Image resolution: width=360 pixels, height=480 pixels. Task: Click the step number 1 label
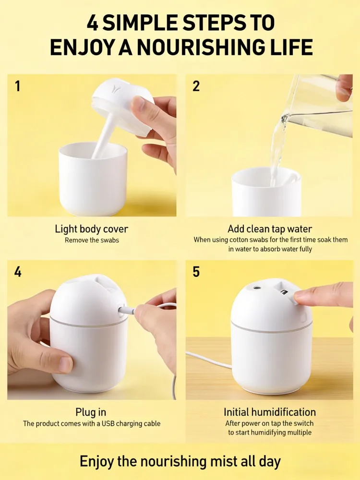[18, 86]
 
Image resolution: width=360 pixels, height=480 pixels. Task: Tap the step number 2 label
[196, 86]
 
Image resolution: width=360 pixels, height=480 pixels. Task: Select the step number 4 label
[18, 272]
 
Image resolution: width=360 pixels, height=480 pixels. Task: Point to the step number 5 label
[196, 272]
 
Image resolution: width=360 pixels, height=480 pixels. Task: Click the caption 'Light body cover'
[92, 229]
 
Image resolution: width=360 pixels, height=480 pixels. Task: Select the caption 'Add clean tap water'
[270, 229]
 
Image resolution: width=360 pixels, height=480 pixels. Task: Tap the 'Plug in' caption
[91, 412]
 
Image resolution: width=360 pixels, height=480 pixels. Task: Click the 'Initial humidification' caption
[270, 412]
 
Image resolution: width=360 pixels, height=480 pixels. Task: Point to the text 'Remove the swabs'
[92, 240]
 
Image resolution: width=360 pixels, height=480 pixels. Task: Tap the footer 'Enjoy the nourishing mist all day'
[180, 461]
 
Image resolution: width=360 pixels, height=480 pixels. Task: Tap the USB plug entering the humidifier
[126, 311]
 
